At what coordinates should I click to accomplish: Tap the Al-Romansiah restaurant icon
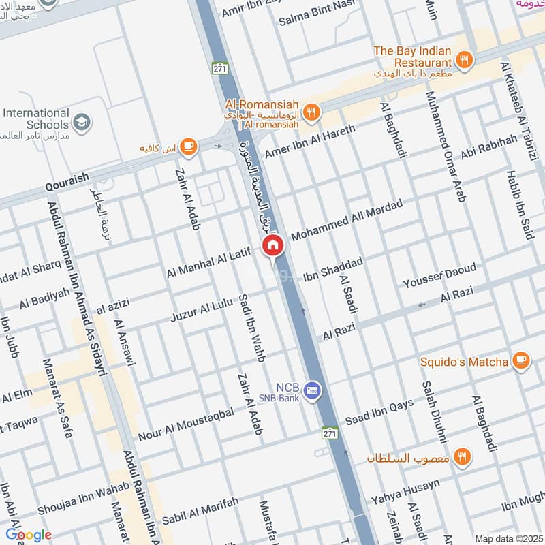coord(311,112)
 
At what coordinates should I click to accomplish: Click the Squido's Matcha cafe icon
coord(521,361)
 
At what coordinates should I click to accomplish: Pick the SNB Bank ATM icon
coord(313,390)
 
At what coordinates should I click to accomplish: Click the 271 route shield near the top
coord(219,68)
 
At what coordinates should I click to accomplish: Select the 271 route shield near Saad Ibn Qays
coord(330,433)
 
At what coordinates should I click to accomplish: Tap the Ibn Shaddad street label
coord(333,268)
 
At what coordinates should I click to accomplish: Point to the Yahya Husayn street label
coord(405,493)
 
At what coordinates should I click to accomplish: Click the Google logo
coord(28,535)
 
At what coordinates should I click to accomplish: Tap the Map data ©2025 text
coord(508,538)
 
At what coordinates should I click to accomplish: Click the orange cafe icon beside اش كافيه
coord(188,145)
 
